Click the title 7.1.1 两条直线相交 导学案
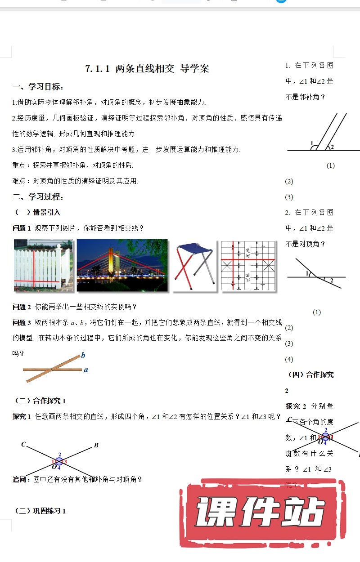point(147,69)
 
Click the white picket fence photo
point(43,266)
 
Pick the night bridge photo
point(122,266)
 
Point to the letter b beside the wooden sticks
point(83,356)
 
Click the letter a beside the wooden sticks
point(86,370)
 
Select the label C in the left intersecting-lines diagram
point(23,445)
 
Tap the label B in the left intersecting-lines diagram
point(96,446)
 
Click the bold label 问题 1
point(22,228)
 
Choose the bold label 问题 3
point(22,322)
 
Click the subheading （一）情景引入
point(38,212)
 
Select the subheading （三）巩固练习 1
point(40,510)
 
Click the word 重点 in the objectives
point(19,165)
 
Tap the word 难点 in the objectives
point(19,181)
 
